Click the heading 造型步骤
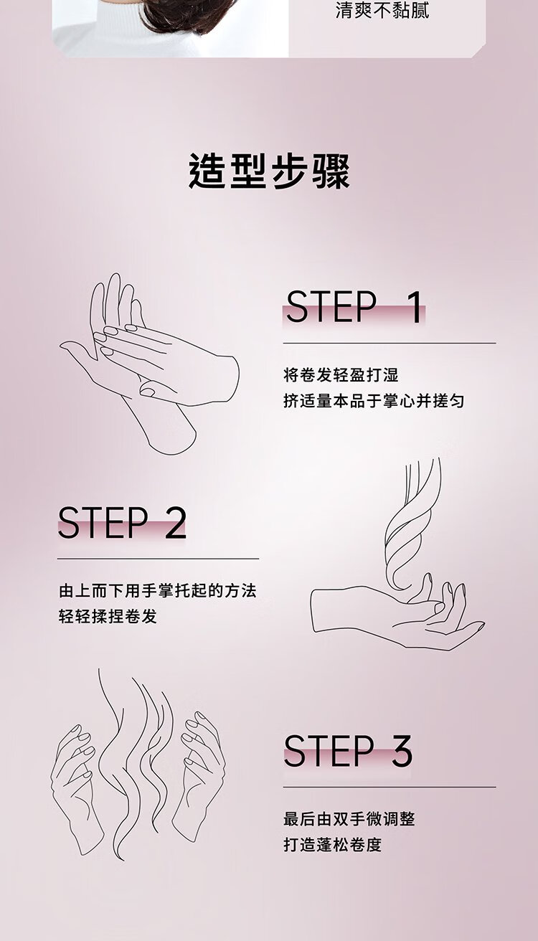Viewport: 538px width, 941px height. pos(269,171)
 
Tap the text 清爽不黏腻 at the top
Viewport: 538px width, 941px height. pos(382,10)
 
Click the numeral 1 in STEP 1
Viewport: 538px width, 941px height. pos(415,307)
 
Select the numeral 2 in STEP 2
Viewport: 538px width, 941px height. pos(175,522)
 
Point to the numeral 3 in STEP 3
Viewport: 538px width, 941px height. pos(402,751)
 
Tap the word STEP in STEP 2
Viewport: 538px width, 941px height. pos(103,522)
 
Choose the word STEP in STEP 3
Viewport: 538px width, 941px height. pos(329,751)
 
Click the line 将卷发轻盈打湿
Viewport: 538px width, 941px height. pos(341,374)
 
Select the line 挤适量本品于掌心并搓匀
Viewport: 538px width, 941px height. pos(374,401)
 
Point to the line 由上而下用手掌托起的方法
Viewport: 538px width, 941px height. pos(158,591)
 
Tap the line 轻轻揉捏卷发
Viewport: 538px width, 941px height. pos(108,617)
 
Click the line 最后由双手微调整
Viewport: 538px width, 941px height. pos(349,819)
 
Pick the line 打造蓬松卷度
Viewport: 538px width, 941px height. pos(332,845)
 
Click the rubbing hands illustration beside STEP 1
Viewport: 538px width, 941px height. pos(150,364)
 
